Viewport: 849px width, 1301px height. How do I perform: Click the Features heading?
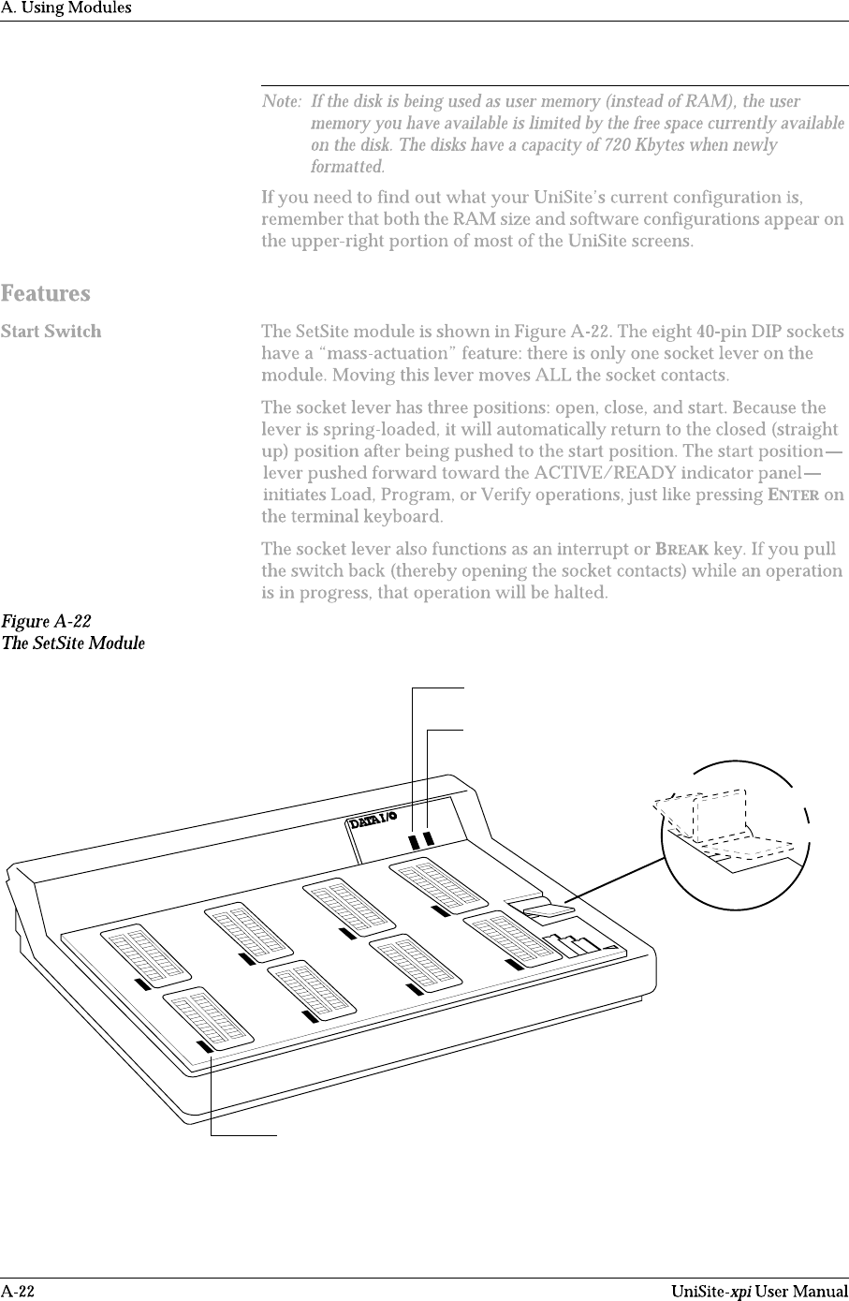coord(46,294)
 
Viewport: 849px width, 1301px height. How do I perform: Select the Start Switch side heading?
coord(51,332)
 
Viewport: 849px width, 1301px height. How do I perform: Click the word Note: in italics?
coord(282,101)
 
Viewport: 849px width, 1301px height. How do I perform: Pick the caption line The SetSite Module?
coord(73,643)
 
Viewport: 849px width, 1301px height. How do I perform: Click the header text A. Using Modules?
coord(66,7)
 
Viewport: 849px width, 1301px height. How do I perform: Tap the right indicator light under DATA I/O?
coord(429,838)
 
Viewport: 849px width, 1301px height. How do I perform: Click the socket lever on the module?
coord(549,909)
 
